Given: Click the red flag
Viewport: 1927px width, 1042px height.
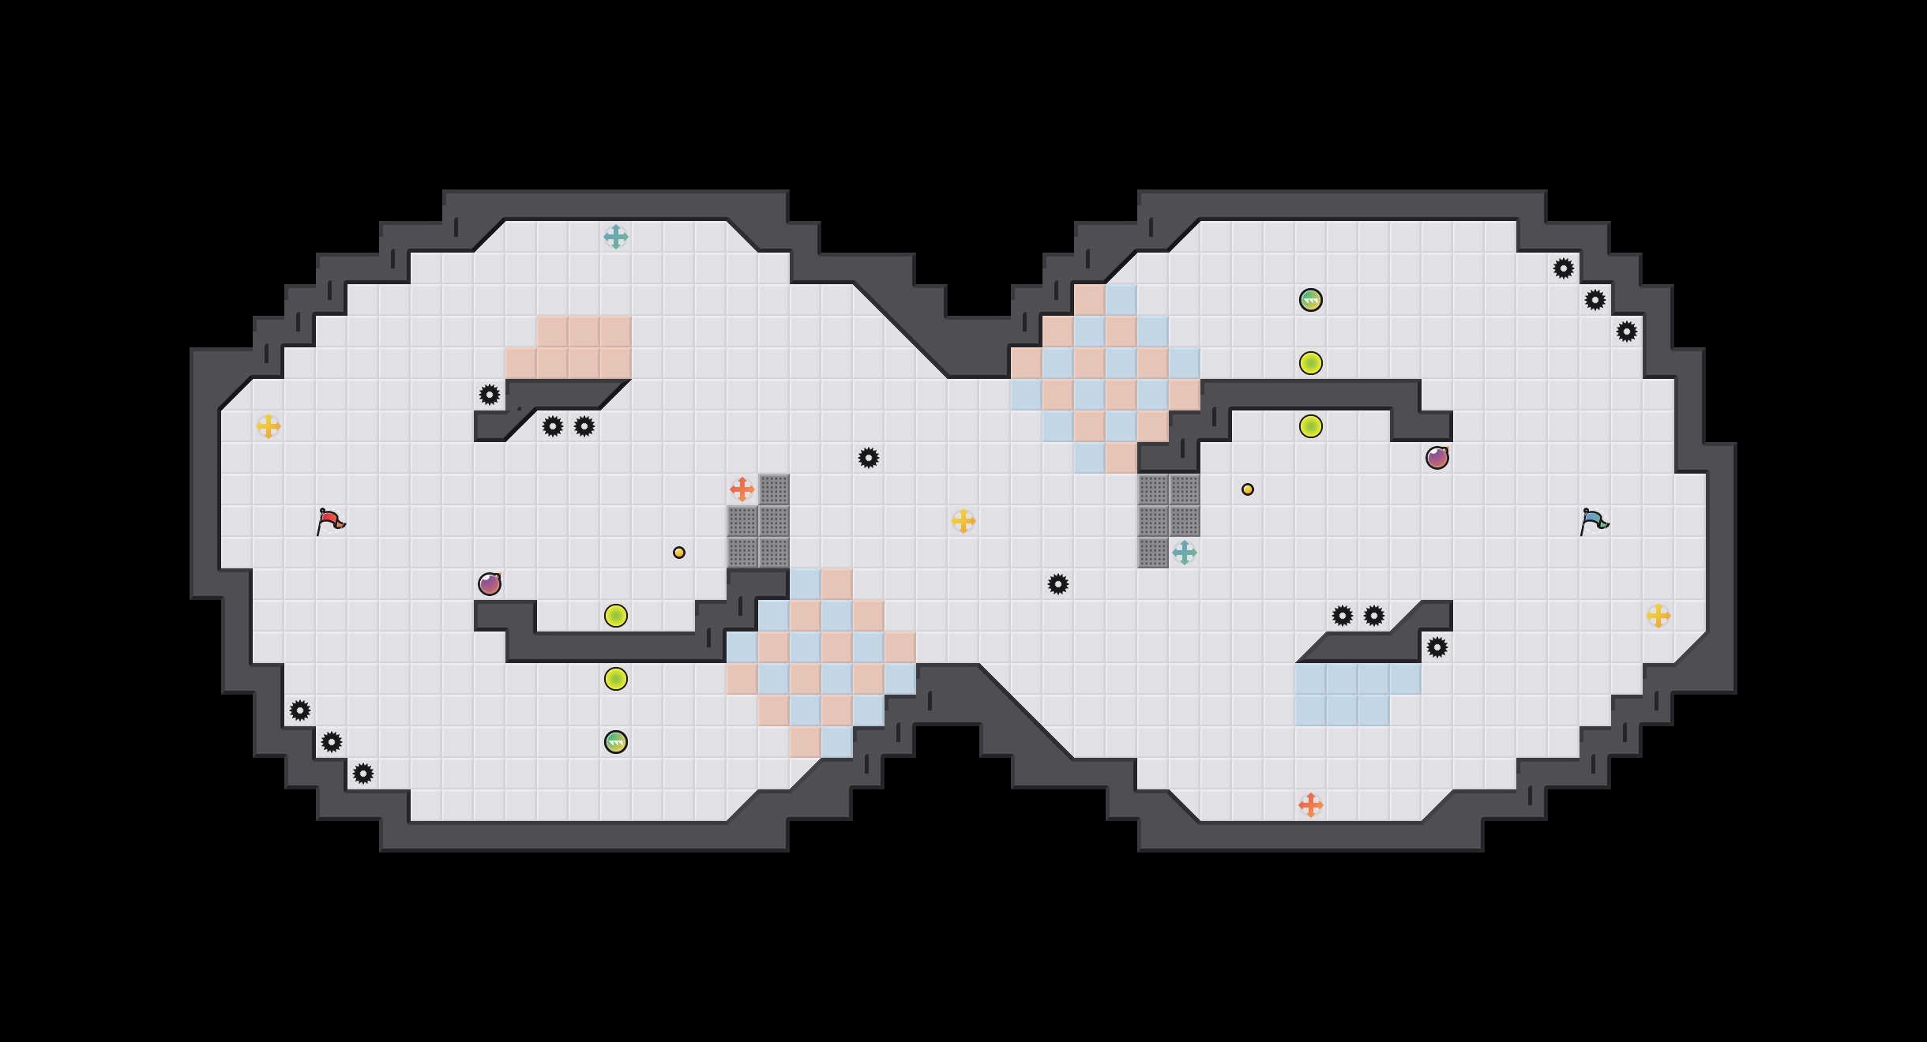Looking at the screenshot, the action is tap(330, 521).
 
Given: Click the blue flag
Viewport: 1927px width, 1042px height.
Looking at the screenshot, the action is tap(1594, 521).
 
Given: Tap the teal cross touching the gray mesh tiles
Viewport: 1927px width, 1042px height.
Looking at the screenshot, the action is tap(1184, 553).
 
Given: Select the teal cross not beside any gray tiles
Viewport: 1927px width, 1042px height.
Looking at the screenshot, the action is tap(615, 237).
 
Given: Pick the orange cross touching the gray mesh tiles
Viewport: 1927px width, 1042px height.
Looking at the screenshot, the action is tap(742, 489).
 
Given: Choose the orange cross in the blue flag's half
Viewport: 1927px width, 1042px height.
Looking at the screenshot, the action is tap(1310, 805).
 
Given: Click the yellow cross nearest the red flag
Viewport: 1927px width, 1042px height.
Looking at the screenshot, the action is tap(268, 426).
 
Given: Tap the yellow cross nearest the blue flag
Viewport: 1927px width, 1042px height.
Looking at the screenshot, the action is tap(1658, 616).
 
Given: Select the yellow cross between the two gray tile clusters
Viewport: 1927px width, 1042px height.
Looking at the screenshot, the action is tap(963, 521).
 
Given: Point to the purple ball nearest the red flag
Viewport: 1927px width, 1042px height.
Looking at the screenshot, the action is tap(489, 584).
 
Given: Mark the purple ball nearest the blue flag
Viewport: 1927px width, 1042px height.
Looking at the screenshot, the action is tap(1437, 458).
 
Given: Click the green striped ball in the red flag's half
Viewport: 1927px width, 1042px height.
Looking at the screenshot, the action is tap(615, 742).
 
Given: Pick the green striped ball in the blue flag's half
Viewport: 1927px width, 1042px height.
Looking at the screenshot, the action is tap(1310, 300).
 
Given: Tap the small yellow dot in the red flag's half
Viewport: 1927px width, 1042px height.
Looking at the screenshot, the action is tap(678, 553).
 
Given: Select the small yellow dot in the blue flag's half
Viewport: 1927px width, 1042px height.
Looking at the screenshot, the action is tap(1247, 489).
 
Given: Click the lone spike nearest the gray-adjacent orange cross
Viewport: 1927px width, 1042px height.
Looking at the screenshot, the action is tap(868, 458).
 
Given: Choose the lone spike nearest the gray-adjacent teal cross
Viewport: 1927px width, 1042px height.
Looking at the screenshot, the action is tap(1057, 584).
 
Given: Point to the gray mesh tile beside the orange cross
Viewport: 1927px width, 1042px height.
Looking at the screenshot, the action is tap(773, 489).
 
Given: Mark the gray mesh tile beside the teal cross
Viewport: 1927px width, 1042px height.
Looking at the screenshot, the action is tap(1152, 553).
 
